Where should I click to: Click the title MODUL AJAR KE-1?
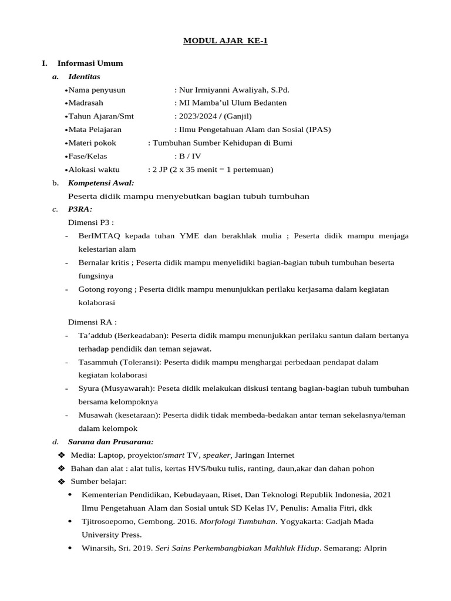tap(225, 40)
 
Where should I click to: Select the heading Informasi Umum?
tap(90, 63)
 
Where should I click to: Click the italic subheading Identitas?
tap(84, 76)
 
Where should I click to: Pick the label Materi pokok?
tap(92, 143)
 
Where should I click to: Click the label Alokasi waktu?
tap(94, 170)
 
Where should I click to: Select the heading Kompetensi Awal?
tap(101, 183)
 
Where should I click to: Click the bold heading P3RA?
tap(80, 209)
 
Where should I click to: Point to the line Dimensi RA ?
tap(92, 322)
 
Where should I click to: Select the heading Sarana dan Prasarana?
tap(110, 441)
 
